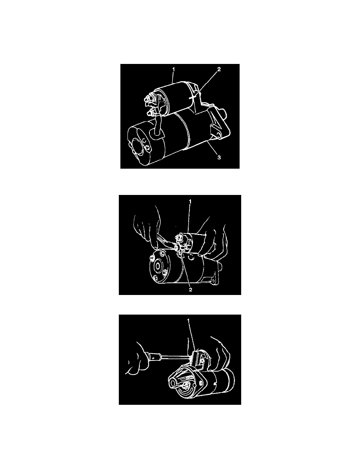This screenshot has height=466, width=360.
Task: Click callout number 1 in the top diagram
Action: click(x=174, y=69)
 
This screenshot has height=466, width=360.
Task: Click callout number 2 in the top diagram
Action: click(x=219, y=69)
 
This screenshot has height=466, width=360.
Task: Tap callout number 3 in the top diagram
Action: click(x=219, y=157)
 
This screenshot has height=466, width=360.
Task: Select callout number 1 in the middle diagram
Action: click(x=190, y=202)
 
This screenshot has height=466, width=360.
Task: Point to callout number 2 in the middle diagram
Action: click(x=191, y=289)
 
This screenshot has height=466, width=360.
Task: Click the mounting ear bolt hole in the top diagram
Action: click(x=219, y=135)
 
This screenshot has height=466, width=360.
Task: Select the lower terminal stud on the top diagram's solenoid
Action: click(x=150, y=113)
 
